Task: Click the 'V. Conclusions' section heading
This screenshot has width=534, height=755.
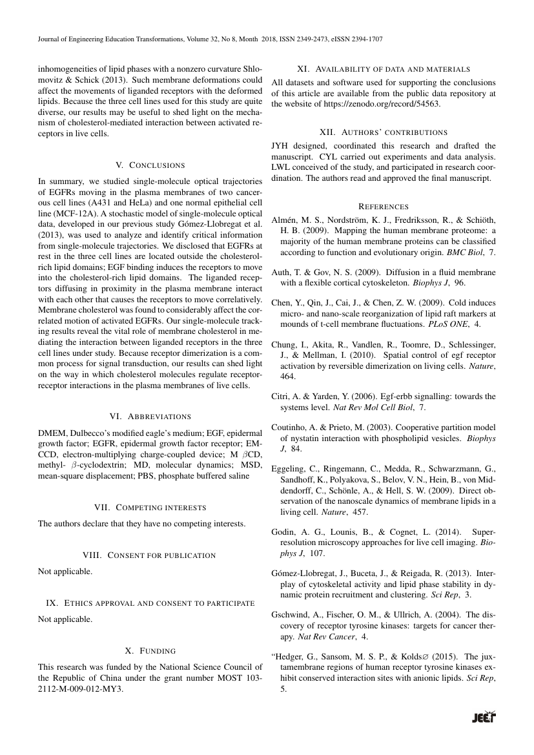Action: tap(150, 165)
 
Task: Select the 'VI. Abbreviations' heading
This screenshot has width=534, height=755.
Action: tap(150, 417)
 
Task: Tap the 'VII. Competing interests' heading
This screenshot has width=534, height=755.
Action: tap(150, 508)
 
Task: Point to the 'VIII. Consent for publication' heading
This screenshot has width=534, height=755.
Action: tap(150, 555)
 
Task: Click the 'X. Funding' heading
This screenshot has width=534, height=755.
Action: tap(150, 650)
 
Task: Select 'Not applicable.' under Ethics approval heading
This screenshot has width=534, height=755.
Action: tap(65, 619)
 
